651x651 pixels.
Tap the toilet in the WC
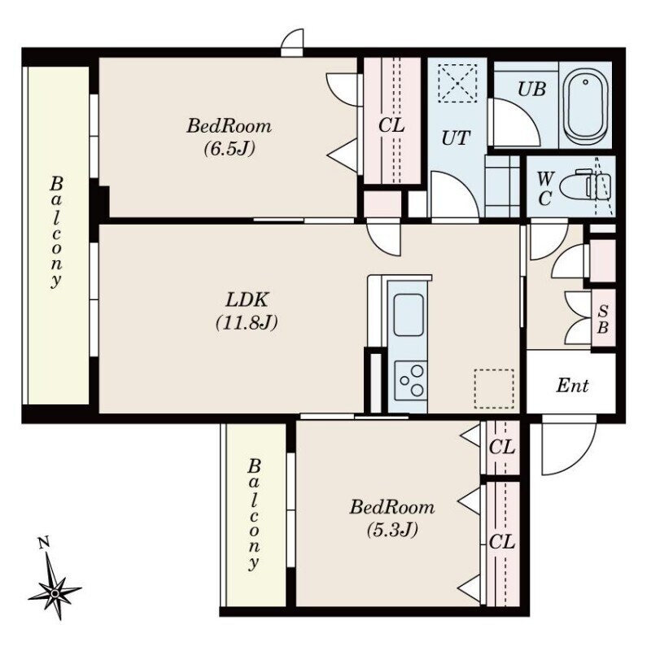tap(585, 186)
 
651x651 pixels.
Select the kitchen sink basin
tap(409, 315)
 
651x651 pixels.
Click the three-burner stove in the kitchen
tap(411, 380)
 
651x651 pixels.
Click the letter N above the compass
tap(43, 543)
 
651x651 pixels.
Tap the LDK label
tap(247, 299)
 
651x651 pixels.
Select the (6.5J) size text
tap(229, 148)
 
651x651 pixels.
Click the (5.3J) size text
tap(392, 530)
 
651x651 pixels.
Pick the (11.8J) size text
tap(247, 322)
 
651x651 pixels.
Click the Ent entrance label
tap(572, 386)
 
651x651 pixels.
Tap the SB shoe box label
tap(603, 319)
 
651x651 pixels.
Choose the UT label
tap(456, 138)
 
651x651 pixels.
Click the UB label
tap(531, 90)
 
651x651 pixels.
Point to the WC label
tap(544, 189)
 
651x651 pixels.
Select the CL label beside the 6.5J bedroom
tap(391, 125)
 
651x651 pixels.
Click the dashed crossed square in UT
tap(457, 83)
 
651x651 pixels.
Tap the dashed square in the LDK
tap(494, 389)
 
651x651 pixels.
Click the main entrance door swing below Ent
tap(568, 448)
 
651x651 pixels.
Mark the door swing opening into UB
tap(514, 122)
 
